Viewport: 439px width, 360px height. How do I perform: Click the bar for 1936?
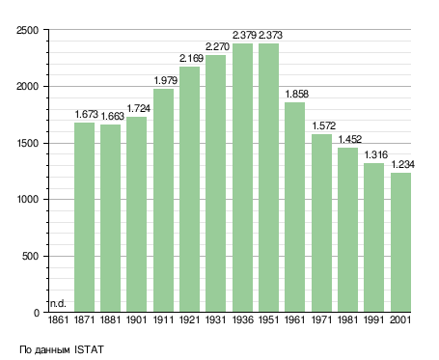pos(243,178)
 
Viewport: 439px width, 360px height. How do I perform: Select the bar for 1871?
pos(84,217)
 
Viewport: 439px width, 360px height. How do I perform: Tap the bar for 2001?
pos(400,242)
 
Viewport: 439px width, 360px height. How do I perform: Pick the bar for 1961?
pos(294,208)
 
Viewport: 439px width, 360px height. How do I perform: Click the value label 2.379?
pos(244,35)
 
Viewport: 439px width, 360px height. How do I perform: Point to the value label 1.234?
pos(402,165)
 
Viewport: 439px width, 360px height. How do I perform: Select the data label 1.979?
pos(165,80)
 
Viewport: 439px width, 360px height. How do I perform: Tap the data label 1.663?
pos(112,116)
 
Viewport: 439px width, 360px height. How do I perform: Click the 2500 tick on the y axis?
pos(27,30)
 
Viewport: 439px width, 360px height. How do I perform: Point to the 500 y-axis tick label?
pos(30,257)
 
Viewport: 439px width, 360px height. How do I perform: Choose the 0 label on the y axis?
pos(37,313)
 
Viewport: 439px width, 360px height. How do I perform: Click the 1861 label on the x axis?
pos(58,320)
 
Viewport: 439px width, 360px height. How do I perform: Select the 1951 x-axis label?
pos(268,320)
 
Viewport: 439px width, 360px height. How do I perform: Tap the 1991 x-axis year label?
pos(374,320)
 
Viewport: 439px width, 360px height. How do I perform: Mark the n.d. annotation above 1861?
pos(58,303)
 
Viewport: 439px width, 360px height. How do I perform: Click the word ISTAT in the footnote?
pos(89,349)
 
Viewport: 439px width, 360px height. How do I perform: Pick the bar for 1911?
pos(163,201)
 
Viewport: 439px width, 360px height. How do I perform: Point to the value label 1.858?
pos(296,94)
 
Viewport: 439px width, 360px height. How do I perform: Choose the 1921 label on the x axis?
pos(189,320)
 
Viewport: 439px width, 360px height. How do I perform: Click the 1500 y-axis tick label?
pos(27,144)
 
